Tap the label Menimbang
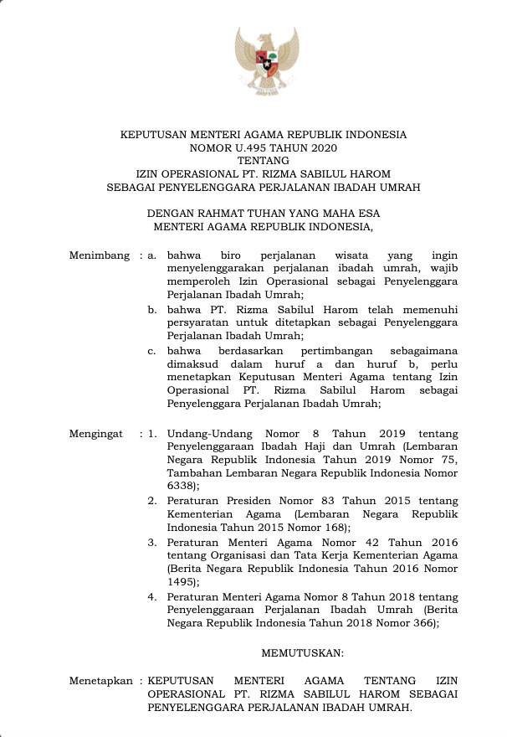coord(100,255)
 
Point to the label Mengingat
coord(96,435)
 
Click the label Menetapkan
coord(100,682)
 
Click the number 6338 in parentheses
coord(181,485)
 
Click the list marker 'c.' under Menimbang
coord(152,350)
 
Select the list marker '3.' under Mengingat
coord(152,543)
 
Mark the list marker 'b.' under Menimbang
coord(152,309)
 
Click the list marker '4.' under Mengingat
coord(152,596)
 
